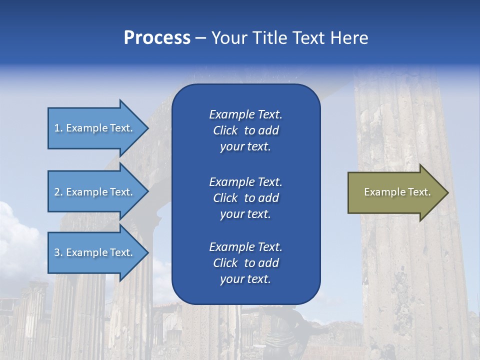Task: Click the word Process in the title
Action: pos(157,38)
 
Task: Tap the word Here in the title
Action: pos(348,38)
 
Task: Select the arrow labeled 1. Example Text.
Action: pos(95,128)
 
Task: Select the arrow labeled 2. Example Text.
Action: pos(95,192)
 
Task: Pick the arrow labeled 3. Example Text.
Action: pos(95,252)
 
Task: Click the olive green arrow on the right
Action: pos(395,192)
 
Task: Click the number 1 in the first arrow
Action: pos(57,128)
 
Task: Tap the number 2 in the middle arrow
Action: pos(57,192)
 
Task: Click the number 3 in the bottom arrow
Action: pos(57,252)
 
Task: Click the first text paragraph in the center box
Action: pos(245,130)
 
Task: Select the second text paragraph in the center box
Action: pos(245,198)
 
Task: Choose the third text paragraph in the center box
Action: pos(245,263)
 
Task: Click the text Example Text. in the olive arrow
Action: pos(397,192)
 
